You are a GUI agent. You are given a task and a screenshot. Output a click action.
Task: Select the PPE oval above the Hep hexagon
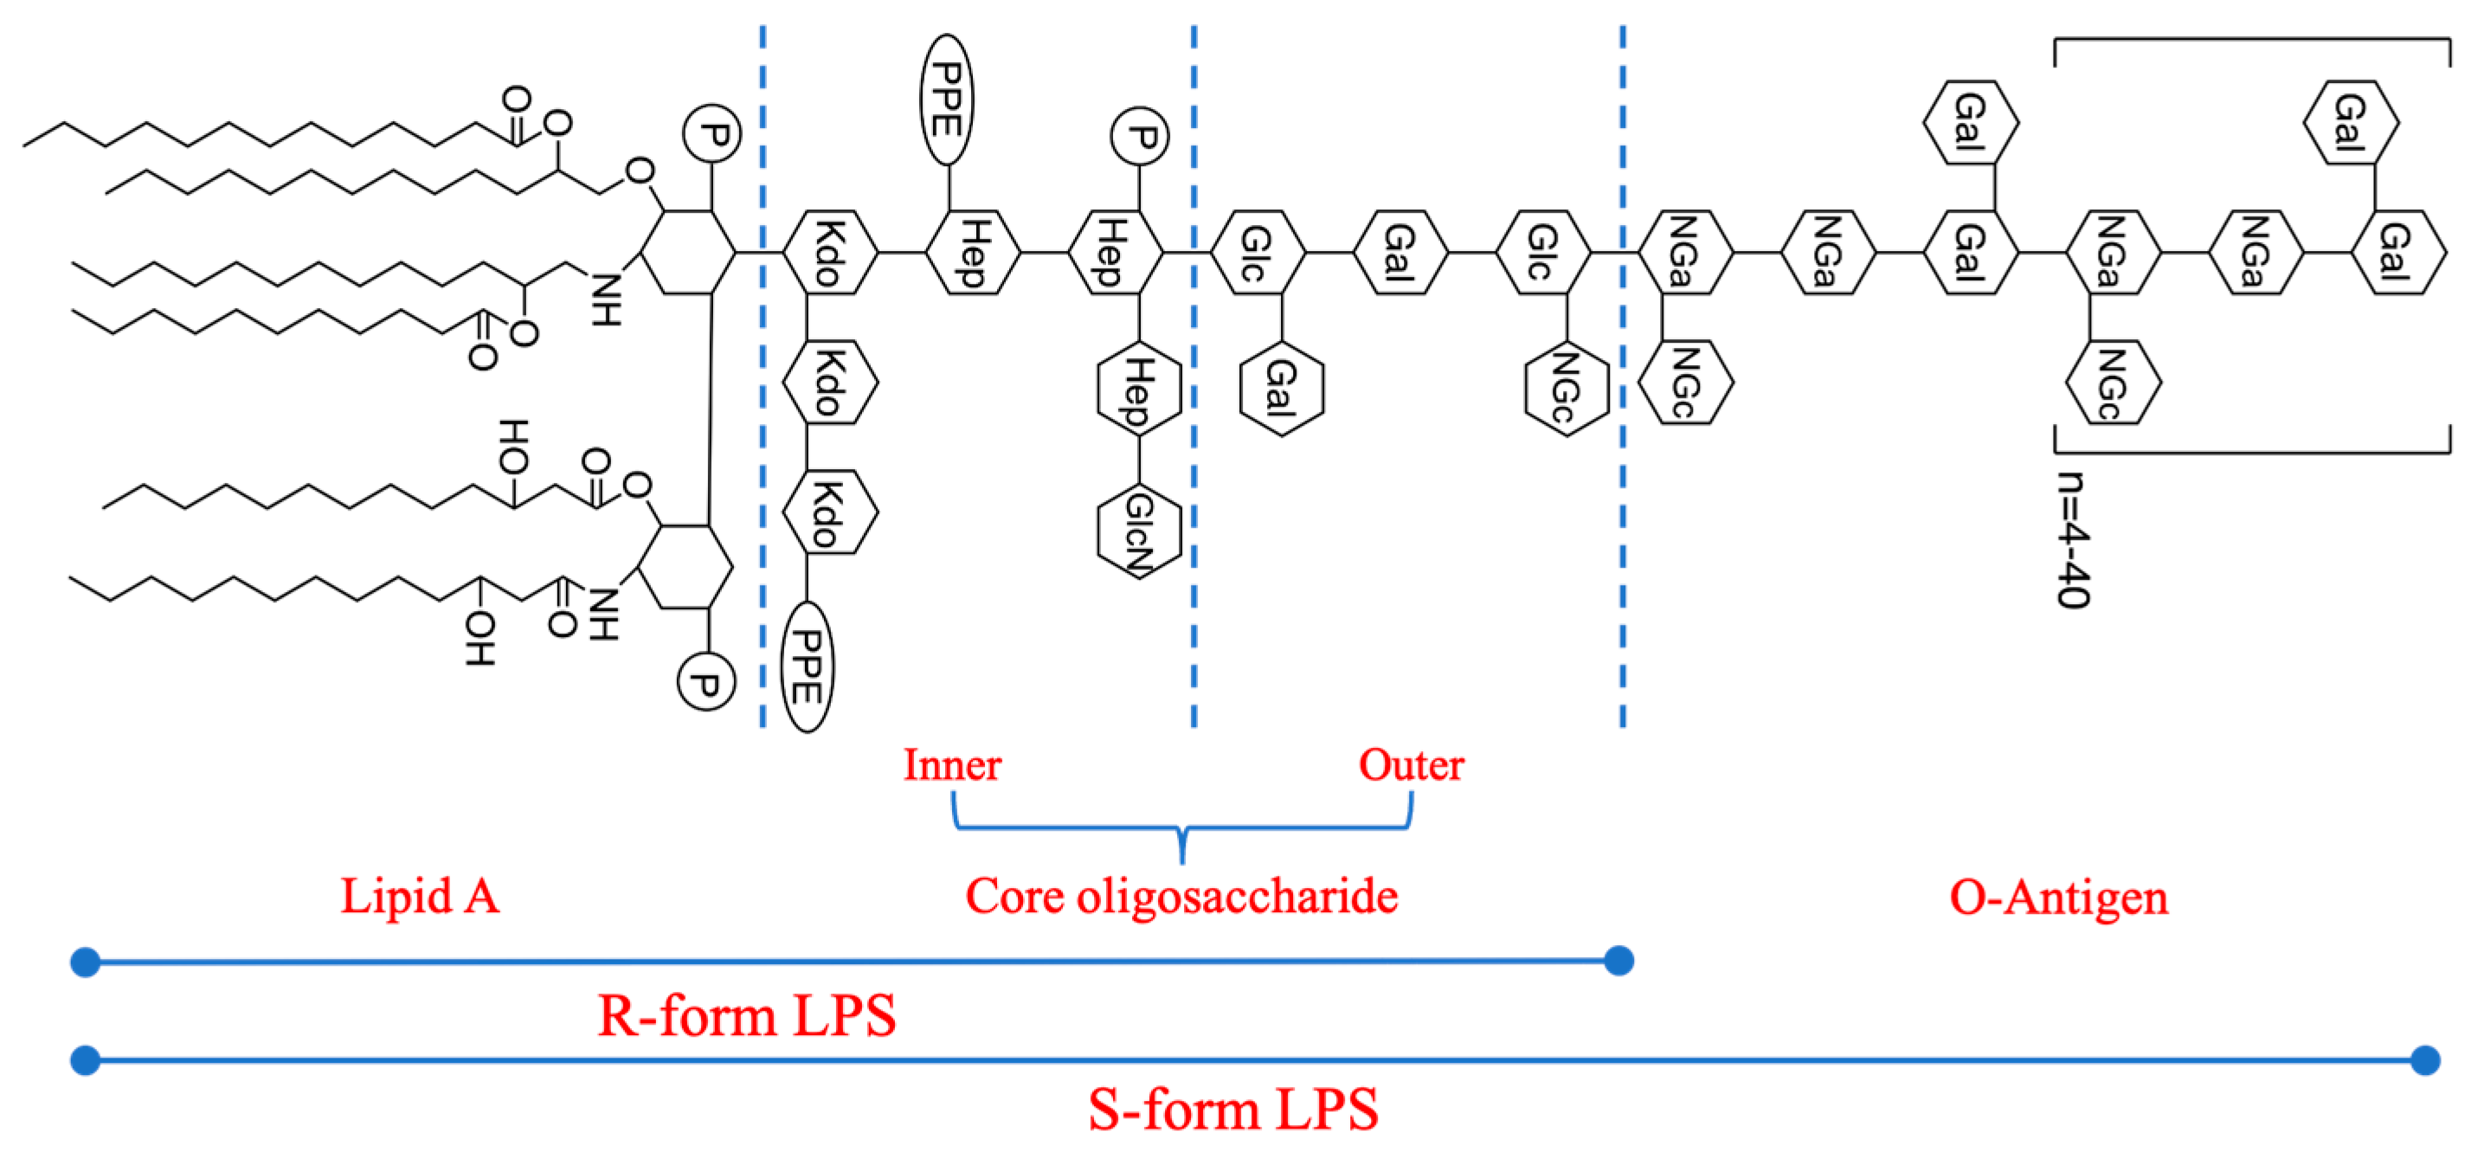click(x=946, y=100)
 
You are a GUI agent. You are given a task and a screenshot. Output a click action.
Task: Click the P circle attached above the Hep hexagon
click(x=1140, y=136)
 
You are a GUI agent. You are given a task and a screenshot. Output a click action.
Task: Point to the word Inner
click(x=952, y=764)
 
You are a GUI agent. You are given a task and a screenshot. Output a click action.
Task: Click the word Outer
click(x=1411, y=764)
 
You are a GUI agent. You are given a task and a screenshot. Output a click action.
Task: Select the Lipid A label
click(x=421, y=896)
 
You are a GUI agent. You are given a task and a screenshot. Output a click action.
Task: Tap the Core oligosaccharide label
click(x=1181, y=896)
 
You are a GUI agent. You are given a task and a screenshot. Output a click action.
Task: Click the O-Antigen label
click(x=2059, y=897)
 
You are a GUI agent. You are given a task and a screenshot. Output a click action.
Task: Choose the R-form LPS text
click(x=746, y=1015)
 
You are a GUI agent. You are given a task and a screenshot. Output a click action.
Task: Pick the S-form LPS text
click(x=1233, y=1109)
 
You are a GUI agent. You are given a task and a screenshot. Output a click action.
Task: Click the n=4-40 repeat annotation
click(x=2073, y=540)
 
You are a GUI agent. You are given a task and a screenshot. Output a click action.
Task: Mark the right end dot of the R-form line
click(x=1619, y=960)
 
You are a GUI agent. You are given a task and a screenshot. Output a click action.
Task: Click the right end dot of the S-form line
click(x=2425, y=1060)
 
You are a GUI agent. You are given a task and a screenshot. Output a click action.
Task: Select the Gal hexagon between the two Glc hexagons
click(x=1400, y=253)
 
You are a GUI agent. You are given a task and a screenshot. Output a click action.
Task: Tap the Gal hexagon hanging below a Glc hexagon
click(x=1282, y=388)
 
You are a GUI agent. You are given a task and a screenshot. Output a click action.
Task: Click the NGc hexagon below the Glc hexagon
click(x=1566, y=388)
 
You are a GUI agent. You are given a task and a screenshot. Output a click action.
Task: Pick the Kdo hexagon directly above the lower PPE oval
click(x=829, y=513)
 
